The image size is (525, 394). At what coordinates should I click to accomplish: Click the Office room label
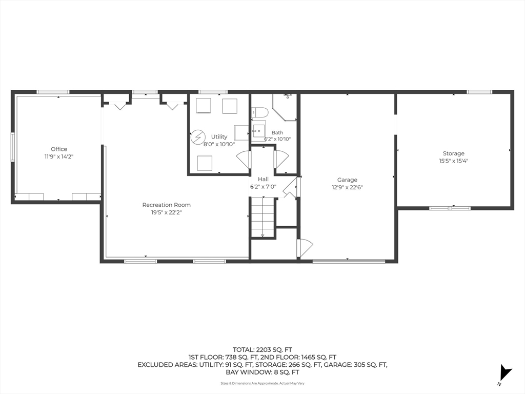point(59,149)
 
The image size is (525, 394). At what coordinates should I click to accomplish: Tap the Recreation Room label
point(167,205)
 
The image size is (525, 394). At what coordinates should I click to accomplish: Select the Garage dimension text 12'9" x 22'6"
point(347,187)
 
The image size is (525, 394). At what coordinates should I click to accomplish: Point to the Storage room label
point(454,153)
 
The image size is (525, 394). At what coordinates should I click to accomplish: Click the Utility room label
point(219,136)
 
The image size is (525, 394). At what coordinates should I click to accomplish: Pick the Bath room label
point(277,133)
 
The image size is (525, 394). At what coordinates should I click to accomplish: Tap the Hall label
point(263,179)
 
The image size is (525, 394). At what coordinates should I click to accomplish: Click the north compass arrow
point(504,373)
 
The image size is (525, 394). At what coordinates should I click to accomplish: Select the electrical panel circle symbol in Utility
point(198,137)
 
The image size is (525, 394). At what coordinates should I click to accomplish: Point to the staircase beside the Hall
point(263,217)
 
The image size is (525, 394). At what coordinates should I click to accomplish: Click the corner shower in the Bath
point(285,107)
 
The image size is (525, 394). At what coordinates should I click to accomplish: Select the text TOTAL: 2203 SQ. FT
point(262,350)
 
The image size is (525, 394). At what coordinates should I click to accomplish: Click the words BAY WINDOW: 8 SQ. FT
point(262,372)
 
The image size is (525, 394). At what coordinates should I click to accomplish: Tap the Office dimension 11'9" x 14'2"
point(59,156)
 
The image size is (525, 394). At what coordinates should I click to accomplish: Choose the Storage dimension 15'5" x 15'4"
point(454,161)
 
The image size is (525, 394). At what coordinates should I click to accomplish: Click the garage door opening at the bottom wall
point(349,261)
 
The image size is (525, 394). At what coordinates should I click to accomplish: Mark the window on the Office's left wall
point(13,147)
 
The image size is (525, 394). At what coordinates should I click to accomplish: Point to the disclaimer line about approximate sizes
point(262,383)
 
